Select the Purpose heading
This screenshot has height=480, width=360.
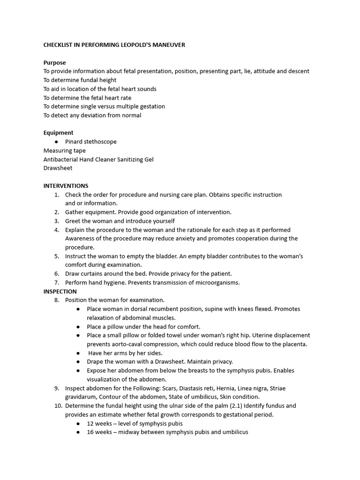coord(54,62)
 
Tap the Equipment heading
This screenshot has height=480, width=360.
coord(58,133)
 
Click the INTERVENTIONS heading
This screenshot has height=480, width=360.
coord(66,186)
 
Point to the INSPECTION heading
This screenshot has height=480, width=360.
coord(60,291)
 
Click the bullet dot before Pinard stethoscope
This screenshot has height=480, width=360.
coord(56,142)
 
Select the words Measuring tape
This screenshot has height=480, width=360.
coord(65,150)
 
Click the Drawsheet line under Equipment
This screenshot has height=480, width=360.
coord(58,168)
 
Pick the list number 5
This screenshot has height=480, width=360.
coord(56,256)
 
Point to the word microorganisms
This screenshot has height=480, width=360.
coord(217,283)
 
